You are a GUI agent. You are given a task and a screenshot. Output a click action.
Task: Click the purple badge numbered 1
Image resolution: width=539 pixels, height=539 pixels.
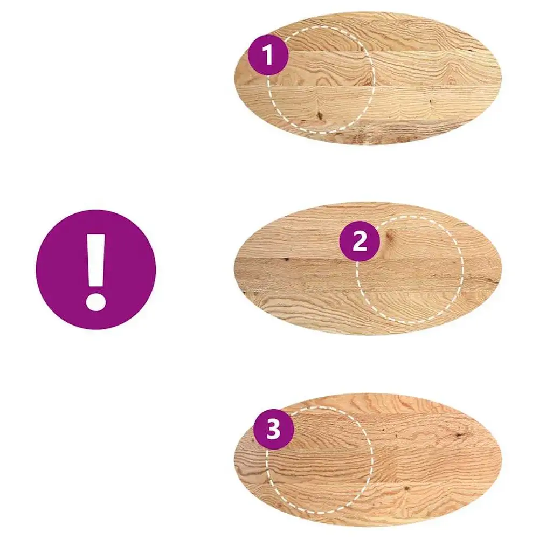click(x=268, y=55)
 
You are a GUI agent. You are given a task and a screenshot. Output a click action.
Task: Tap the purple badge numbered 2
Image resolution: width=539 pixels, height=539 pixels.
click(x=360, y=241)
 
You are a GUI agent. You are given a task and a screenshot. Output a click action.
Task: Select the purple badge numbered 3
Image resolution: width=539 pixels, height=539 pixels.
click(x=274, y=430)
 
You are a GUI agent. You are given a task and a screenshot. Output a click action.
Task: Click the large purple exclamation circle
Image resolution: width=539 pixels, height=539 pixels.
click(x=96, y=269)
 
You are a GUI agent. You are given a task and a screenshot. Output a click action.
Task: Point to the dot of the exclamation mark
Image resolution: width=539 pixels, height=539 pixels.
click(x=95, y=301)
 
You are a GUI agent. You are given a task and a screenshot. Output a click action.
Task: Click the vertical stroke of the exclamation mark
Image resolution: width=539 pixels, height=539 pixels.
click(x=96, y=260)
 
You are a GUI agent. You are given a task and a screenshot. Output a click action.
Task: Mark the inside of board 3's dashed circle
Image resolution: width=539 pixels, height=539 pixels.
click(x=320, y=461)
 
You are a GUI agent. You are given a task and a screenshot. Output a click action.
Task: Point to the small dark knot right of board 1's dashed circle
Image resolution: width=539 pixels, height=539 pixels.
click(x=431, y=101)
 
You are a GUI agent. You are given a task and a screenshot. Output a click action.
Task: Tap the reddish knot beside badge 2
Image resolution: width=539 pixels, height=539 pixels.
click(x=390, y=236)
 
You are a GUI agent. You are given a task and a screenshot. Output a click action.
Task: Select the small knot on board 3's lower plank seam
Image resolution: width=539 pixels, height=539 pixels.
click(x=406, y=488)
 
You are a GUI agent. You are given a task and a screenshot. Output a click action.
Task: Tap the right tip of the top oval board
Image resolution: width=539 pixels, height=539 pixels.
click(x=501, y=78)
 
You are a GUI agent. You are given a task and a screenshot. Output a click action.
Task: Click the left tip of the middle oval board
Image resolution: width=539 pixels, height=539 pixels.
click(x=234, y=268)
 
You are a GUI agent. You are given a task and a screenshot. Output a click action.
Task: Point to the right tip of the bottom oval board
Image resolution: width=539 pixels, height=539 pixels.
click(x=501, y=460)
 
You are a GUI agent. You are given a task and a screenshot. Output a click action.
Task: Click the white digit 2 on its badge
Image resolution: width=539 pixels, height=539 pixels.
click(x=360, y=241)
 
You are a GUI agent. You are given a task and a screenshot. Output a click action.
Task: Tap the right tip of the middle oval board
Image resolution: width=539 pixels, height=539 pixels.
click(x=501, y=268)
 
